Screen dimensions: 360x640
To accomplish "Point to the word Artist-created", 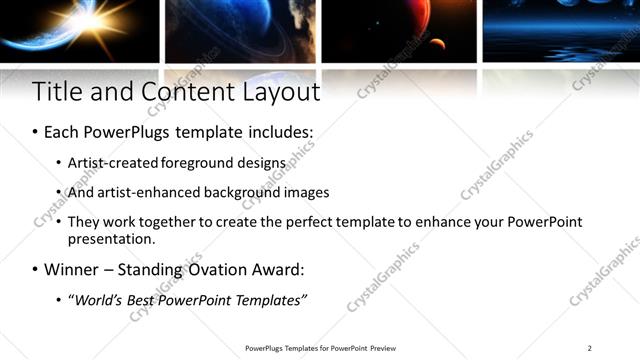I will [x=108, y=161].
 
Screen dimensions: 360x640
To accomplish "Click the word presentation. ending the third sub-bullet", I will [x=111, y=239].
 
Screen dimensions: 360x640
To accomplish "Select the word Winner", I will [x=71, y=269].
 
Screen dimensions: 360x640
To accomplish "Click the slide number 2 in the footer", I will [x=590, y=348].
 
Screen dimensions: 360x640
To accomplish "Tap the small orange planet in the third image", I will [x=437, y=43].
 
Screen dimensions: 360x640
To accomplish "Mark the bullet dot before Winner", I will [x=36, y=270].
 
